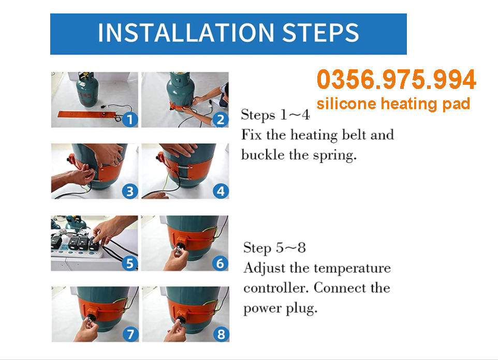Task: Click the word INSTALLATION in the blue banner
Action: tap(186, 33)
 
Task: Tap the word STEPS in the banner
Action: tap(320, 33)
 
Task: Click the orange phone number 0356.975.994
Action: tap(397, 79)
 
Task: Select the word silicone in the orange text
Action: tap(346, 103)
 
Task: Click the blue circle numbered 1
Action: tap(129, 119)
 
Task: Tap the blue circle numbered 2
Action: tap(221, 119)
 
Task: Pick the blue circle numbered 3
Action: tap(130, 191)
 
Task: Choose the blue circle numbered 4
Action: tap(221, 191)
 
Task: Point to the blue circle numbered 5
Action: tap(129, 263)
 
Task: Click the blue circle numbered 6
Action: tap(220, 263)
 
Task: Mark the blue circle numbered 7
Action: tap(130, 334)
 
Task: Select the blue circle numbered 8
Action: tap(221, 334)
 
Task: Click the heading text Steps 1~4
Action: tap(275, 115)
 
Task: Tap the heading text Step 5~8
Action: tap(274, 248)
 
